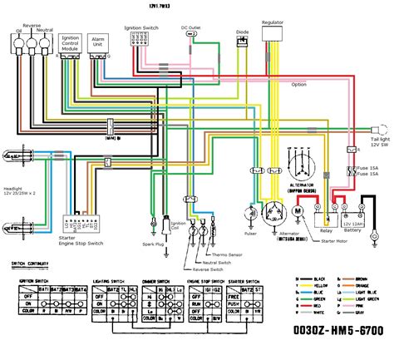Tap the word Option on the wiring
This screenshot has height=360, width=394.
click(299, 84)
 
